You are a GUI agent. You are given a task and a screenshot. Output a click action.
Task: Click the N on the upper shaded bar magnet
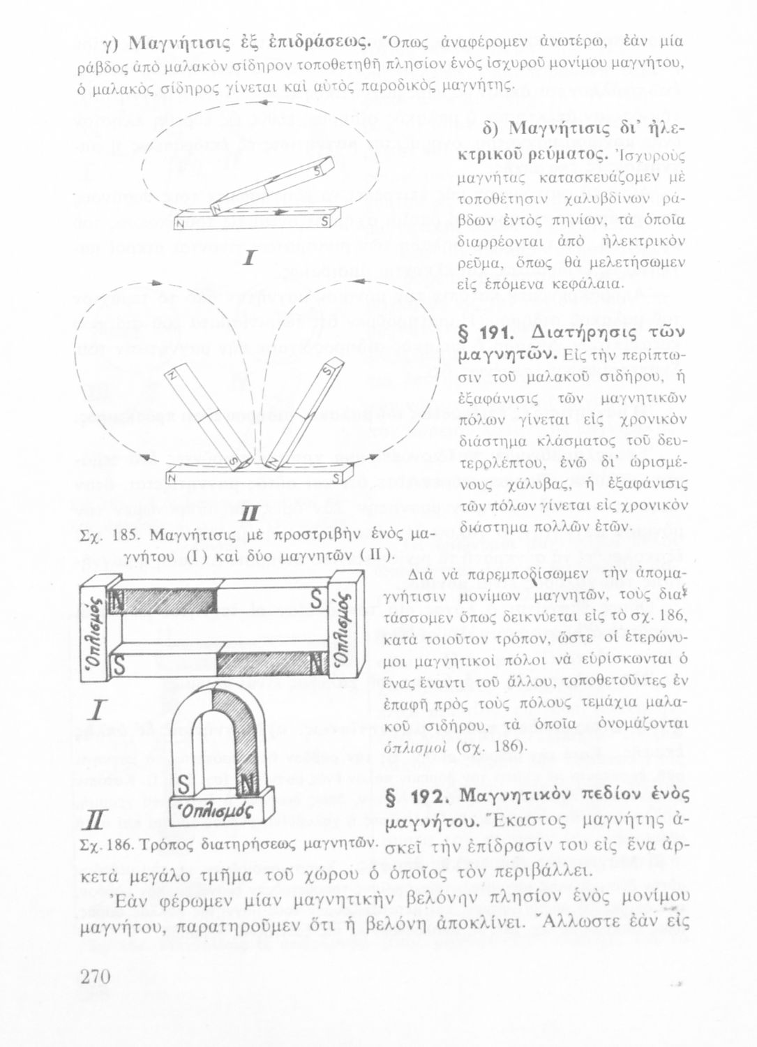point(118,598)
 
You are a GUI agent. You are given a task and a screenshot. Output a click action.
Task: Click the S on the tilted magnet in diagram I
point(320,170)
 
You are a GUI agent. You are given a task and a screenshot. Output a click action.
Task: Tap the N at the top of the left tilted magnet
point(175,378)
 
